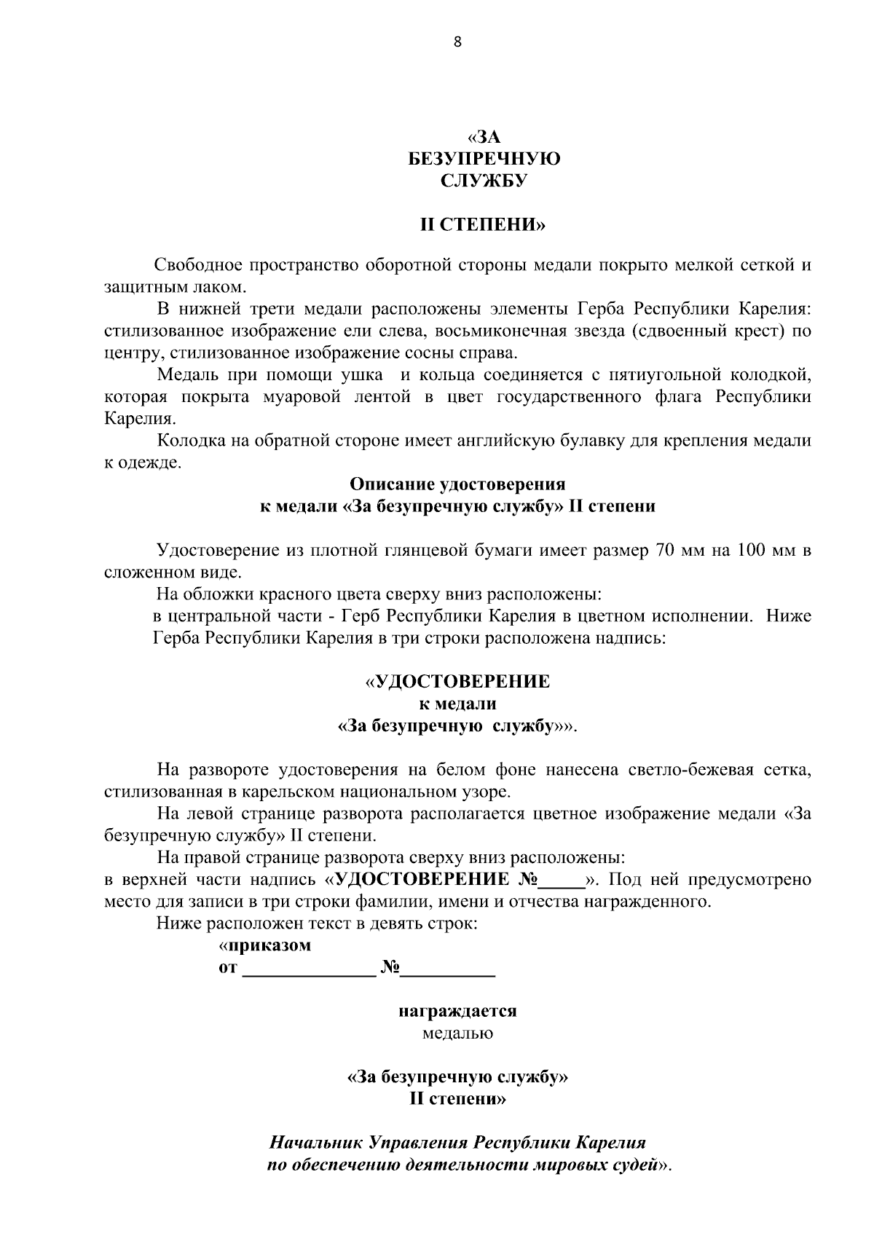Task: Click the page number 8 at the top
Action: click(457, 42)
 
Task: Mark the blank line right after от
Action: click(307, 970)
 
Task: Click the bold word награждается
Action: click(457, 1012)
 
